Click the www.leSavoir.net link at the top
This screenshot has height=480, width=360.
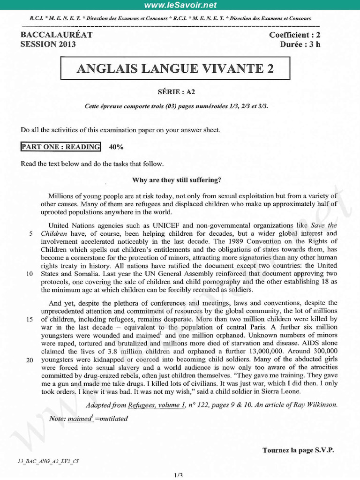(x=180, y=5)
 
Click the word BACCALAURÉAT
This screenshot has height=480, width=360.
(x=57, y=35)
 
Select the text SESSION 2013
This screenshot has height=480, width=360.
(x=48, y=45)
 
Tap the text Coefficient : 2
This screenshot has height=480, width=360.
(x=295, y=35)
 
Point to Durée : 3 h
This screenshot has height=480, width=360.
(x=300, y=45)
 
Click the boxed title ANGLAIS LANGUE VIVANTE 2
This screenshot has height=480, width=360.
(x=175, y=69)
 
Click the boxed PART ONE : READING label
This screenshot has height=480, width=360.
(x=60, y=147)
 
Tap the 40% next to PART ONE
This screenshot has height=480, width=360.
(x=116, y=147)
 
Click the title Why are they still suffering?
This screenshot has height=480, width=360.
(x=177, y=180)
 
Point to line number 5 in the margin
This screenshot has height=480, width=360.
(x=30, y=233)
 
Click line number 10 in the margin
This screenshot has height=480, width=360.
(x=29, y=274)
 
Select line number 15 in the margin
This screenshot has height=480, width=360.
(x=29, y=319)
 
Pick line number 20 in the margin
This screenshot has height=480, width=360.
(x=29, y=360)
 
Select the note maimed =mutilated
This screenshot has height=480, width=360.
(x=89, y=419)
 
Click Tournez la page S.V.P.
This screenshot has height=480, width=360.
(x=298, y=450)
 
